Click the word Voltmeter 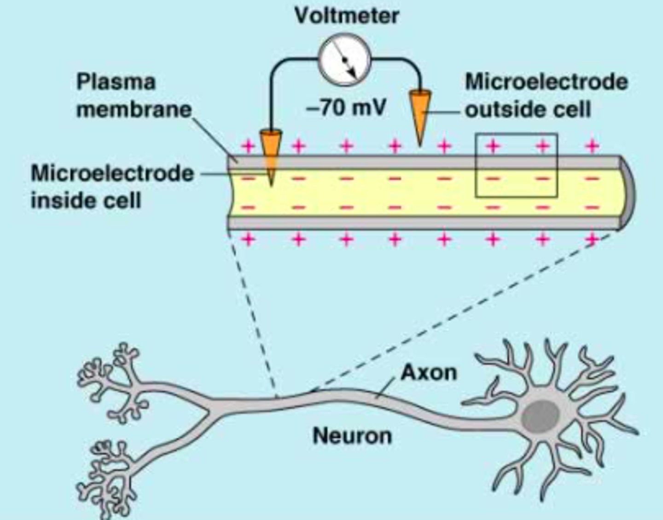pos(346,17)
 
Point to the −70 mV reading pos(346,109)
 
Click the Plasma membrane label pos(134,96)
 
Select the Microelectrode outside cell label pos(546,96)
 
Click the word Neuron pos(352,435)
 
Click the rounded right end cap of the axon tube pos(627,192)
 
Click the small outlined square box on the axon pos(516,165)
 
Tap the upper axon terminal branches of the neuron pos(110,373)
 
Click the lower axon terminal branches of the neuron pos(110,465)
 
